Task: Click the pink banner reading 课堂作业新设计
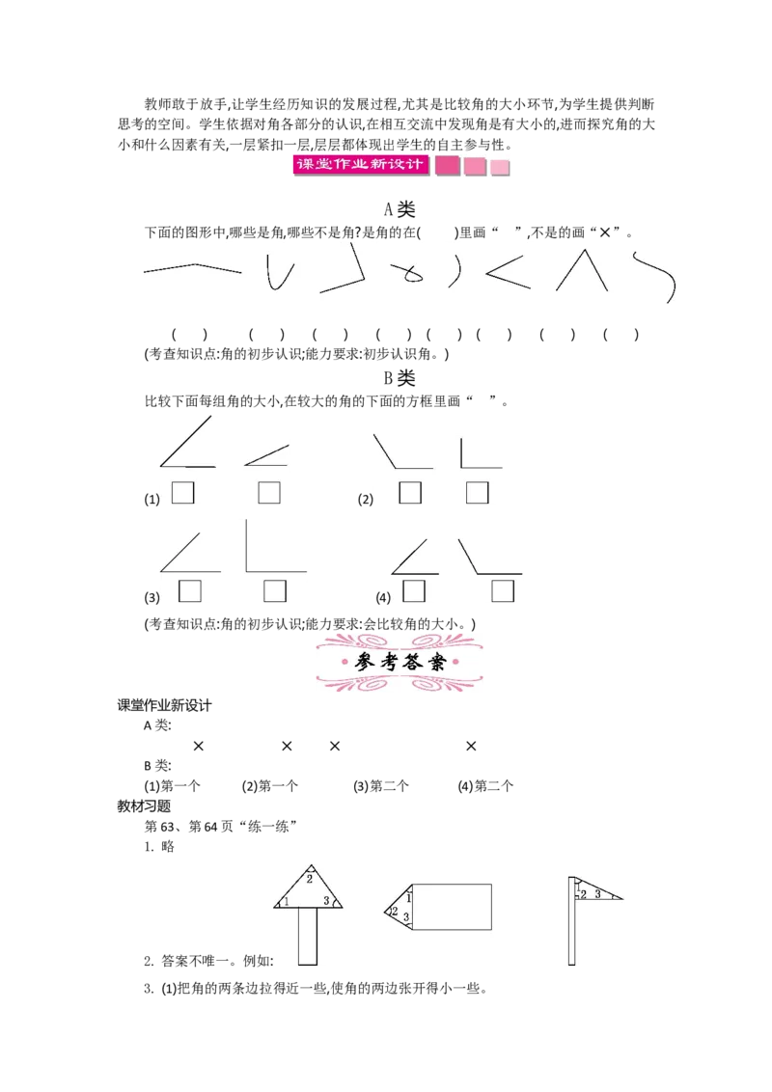360,165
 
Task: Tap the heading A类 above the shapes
400,209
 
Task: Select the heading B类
400,378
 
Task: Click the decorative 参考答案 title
400,663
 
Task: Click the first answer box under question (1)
182,493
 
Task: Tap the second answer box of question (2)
478,492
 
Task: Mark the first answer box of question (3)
190,591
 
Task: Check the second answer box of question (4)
503,591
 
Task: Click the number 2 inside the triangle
310,879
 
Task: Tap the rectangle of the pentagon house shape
453,907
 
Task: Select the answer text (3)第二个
381,786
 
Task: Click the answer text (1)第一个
172,786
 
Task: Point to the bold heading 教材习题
144,806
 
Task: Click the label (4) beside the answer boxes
383,597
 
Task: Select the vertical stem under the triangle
308,937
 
